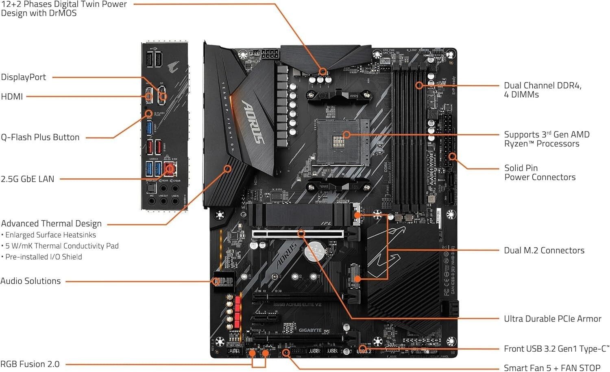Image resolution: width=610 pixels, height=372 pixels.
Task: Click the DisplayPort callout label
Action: [x=23, y=77]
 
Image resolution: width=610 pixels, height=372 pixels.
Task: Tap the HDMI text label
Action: [x=12, y=96]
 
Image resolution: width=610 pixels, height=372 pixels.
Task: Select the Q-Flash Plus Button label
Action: [x=40, y=137]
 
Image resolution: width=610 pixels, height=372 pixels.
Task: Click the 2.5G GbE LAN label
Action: [x=27, y=179]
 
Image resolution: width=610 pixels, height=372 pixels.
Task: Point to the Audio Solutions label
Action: [x=30, y=281]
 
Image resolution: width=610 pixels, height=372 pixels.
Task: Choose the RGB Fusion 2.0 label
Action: [x=30, y=364]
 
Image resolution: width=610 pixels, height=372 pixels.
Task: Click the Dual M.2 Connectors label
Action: [x=544, y=250]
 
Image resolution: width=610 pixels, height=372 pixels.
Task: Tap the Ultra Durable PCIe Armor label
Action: [x=552, y=319]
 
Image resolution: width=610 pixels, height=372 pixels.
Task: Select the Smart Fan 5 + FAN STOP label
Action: [x=552, y=368]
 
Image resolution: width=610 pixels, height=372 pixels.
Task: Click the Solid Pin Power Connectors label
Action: [x=540, y=173]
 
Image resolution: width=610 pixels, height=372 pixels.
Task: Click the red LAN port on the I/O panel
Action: [x=170, y=168]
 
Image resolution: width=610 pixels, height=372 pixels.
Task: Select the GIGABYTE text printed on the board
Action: [x=310, y=330]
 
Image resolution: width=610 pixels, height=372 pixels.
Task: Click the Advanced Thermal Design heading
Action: [x=51, y=223]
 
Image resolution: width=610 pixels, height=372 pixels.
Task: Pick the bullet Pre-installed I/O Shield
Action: [x=44, y=257]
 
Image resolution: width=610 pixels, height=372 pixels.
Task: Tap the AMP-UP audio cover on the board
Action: [x=223, y=281]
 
